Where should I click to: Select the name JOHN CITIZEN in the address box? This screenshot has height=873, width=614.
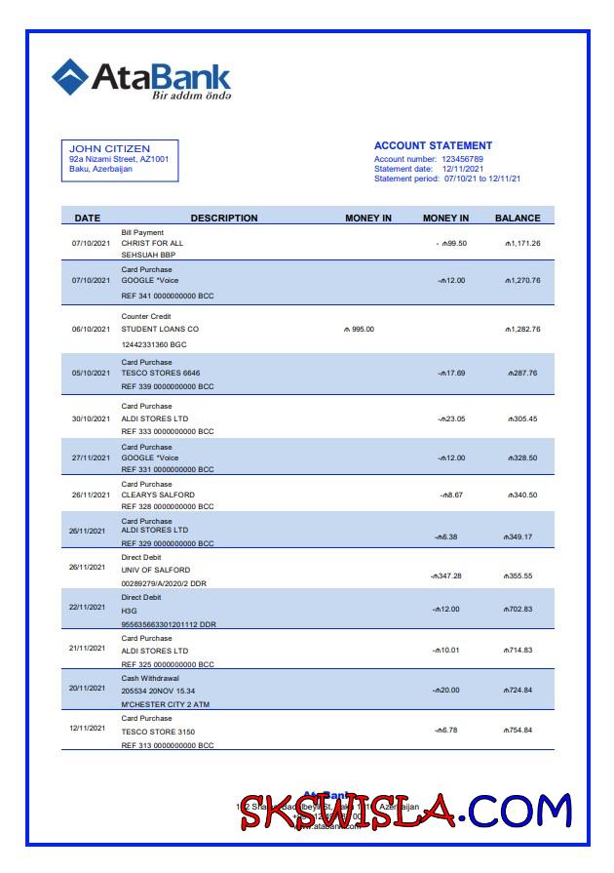[109, 148]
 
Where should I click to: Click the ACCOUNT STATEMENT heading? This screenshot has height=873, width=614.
[433, 145]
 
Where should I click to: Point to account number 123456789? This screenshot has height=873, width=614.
[462, 158]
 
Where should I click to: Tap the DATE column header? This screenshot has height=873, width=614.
[88, 218]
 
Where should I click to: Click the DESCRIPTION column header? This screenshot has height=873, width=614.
[223, 218]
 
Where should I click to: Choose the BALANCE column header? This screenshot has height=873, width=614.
[517, 218]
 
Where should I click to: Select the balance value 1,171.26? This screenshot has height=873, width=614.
[522, 243]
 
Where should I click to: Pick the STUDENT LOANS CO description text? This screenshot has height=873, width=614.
[159, 329]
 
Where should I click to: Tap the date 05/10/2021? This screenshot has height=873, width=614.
[92, 373]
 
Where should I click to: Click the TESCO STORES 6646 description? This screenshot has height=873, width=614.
[160, 373]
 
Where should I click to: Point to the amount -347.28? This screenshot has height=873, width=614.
[446, 575]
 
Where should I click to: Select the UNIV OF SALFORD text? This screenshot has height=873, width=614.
[155, 570]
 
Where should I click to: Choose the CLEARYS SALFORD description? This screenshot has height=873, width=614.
[158, 495]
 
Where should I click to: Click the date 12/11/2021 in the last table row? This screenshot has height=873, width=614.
[89, 728]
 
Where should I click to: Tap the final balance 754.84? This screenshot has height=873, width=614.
[518, 730]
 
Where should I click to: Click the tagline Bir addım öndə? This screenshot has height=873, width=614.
[190, 96]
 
